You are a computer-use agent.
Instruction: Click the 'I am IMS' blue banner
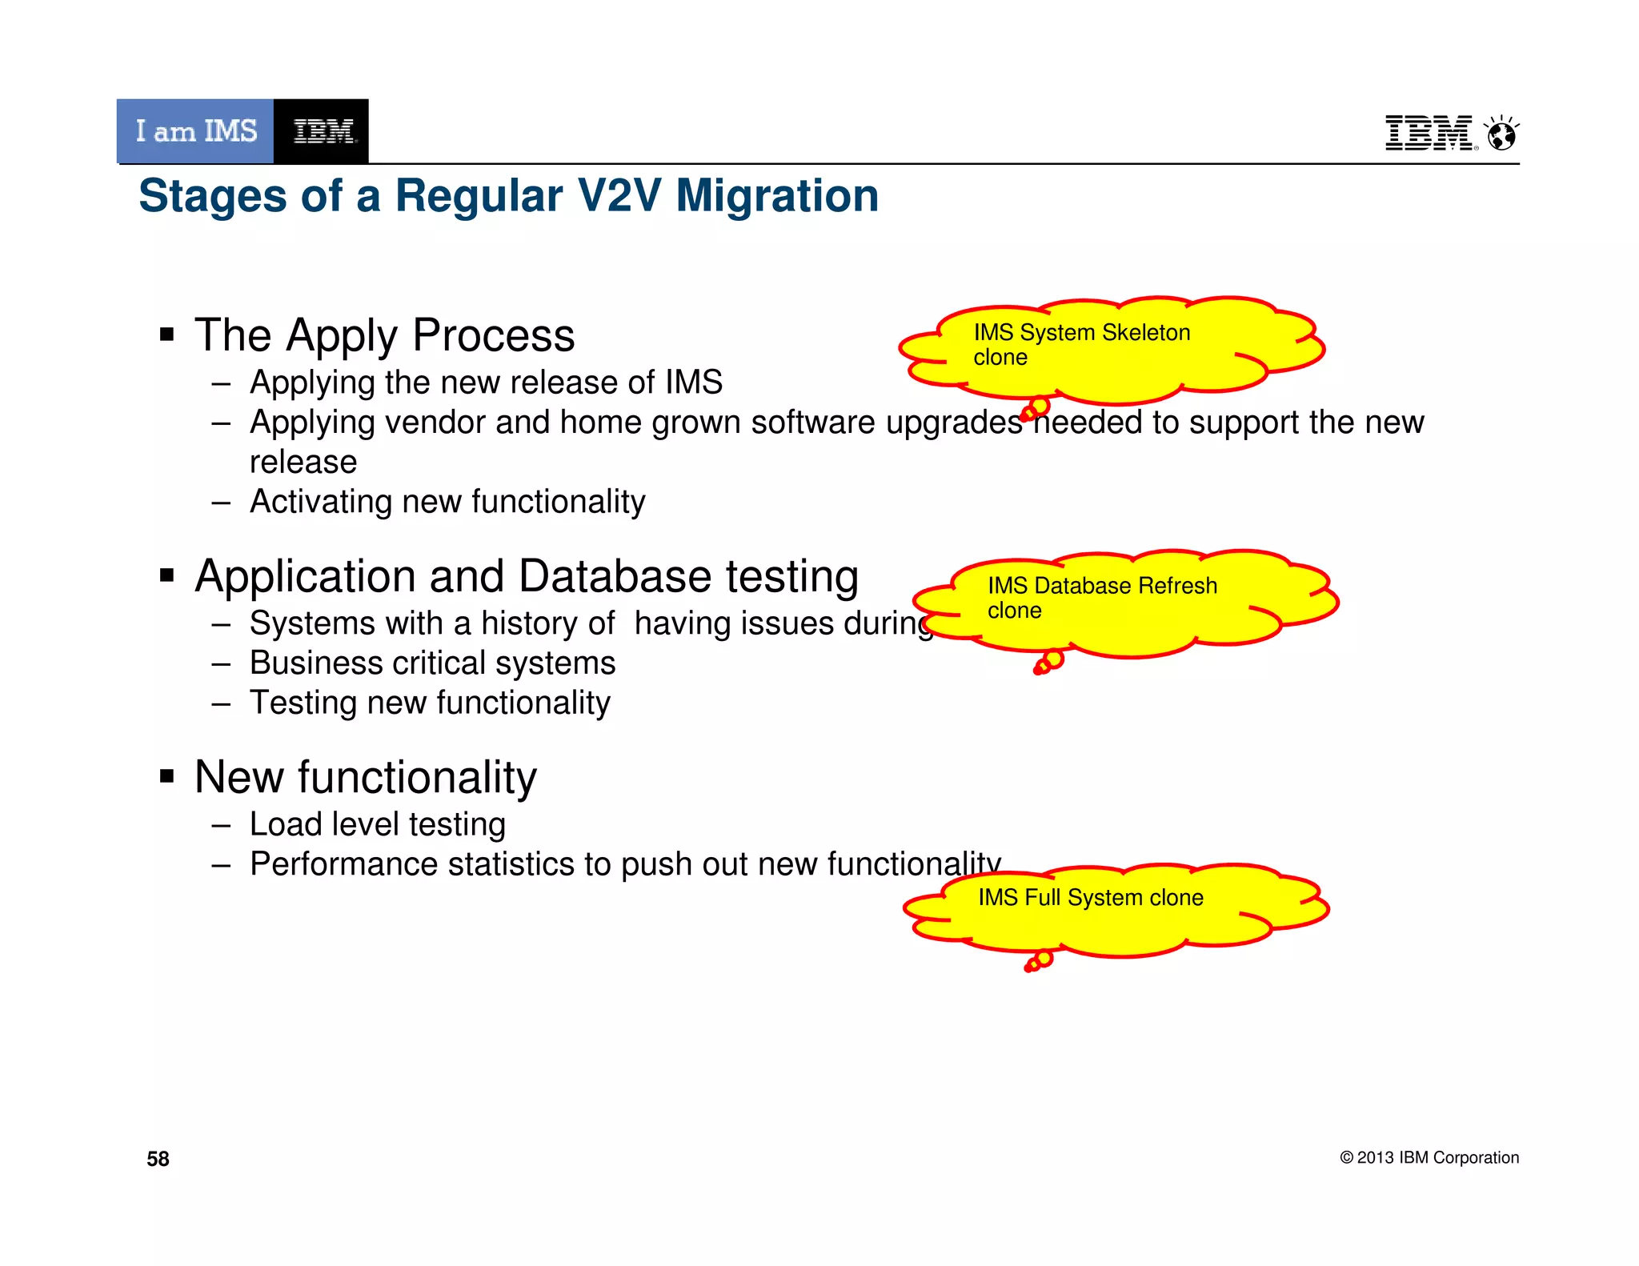click(195, 131)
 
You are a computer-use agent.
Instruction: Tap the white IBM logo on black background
click(322, 131)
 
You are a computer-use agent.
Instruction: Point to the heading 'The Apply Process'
click(384, 335)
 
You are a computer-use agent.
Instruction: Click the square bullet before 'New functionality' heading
click(167, 776)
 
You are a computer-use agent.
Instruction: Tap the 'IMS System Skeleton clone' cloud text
click(1081, 344)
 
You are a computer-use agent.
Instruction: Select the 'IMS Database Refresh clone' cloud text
click(1102, 598)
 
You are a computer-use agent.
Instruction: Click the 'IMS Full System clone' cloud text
click(1090, 898)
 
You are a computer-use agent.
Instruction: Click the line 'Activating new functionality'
click(447, 502)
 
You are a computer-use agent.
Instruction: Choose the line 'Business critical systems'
click(432, 663)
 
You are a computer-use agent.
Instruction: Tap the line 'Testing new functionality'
click(430, 703)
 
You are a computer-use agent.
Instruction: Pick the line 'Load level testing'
click(377, 824)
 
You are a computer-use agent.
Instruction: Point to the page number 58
click(158, 1159)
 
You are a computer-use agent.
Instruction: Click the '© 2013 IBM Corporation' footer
click(1429, 1158)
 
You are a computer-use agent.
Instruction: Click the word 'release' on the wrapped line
click(303, 463)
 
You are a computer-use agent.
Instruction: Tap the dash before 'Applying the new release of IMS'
click(222, 383)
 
